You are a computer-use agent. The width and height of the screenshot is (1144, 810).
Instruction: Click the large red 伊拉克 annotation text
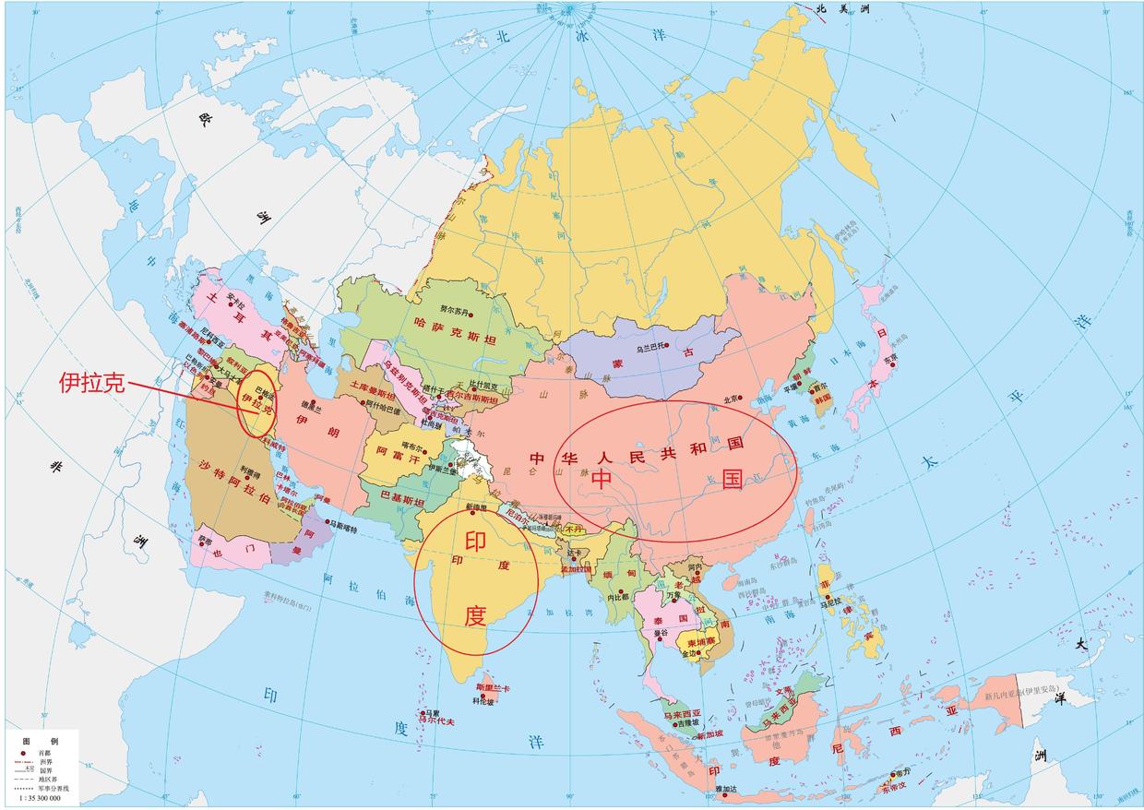(x=91, y=384)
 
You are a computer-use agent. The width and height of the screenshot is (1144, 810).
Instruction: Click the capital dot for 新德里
(x=472, y=513)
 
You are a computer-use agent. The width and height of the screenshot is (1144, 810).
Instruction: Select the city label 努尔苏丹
(x=453, y=310)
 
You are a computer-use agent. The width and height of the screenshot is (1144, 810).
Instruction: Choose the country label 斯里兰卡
(x=492, y=688)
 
